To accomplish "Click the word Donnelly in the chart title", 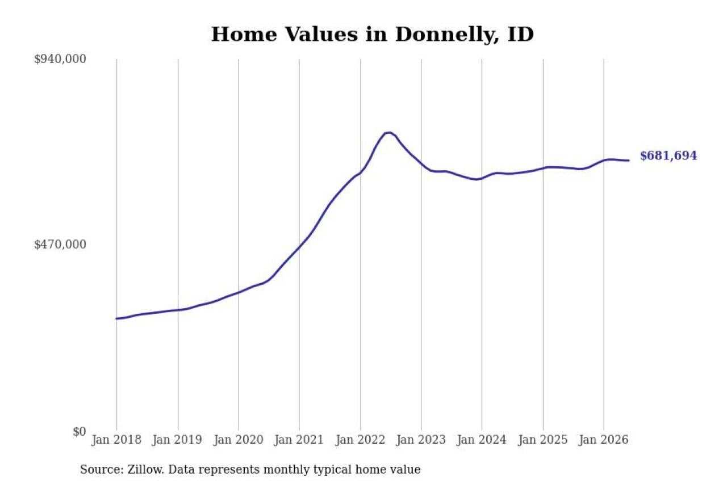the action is click(x=447, y=35).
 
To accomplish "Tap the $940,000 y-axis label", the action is click(x=60, y=60).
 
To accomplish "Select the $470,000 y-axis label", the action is click(x=60, y=245).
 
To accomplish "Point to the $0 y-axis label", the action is click(x=80, y=431).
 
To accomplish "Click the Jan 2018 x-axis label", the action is click(x=116, y=440).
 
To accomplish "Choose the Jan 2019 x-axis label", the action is click(x=177, y=440).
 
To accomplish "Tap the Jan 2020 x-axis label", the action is click(x=238, y=440).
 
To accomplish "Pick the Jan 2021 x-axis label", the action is click(x=299, y=440).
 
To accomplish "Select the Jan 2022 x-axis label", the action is click(x=360, y=440).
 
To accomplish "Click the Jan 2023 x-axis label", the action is click(x=421, y=440).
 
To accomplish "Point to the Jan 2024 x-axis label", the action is click(x=482, y=440).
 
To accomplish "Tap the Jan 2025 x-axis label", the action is click(x=543, y=440).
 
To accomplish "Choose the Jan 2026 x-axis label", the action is click(x=604, y=440).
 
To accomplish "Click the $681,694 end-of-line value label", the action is click(x=668, y=156).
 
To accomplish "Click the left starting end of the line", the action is click(x=116, y=319).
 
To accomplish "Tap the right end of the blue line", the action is click(x=629, y=161).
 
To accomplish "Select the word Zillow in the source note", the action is click(x=145, y=469).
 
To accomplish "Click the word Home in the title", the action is click(x=244, y=35).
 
